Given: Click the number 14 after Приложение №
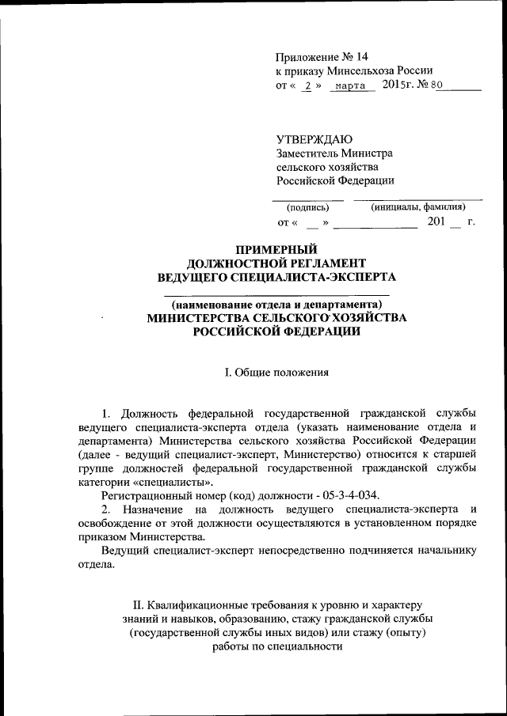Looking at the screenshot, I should click(x=362, y=57).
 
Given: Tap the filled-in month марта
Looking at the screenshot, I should click(x=349, y=85).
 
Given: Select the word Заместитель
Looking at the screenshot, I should click(x=309, y=153).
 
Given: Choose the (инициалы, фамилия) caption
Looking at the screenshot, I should click(x=417, y=207).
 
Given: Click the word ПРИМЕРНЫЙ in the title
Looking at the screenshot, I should click(x=276, y=249).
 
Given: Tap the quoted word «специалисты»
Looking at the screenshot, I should click(x=178, y=481).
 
